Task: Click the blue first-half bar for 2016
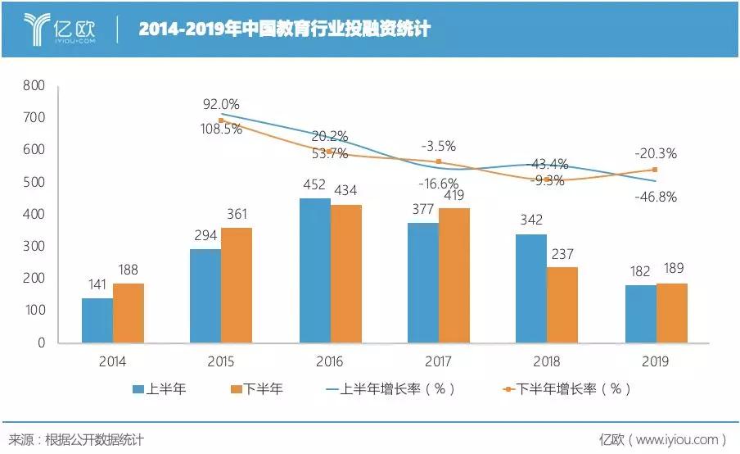[x=315, y=270]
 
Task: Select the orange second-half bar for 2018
[x=562, y=304]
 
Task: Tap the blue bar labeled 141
[x=97, y=320]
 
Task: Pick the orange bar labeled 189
[x=671, y=313]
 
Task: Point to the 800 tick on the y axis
[x=33, y=85]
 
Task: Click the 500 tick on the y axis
[x=33, y=182]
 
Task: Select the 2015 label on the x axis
[x=221, y=361]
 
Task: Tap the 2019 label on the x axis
[x=656, y=361]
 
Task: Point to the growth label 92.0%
[x=221, y=104]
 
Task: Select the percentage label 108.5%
[x=221, y=129]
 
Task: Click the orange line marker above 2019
[x=655, y=170]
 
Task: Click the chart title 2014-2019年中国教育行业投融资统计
[x=284, y=30]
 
